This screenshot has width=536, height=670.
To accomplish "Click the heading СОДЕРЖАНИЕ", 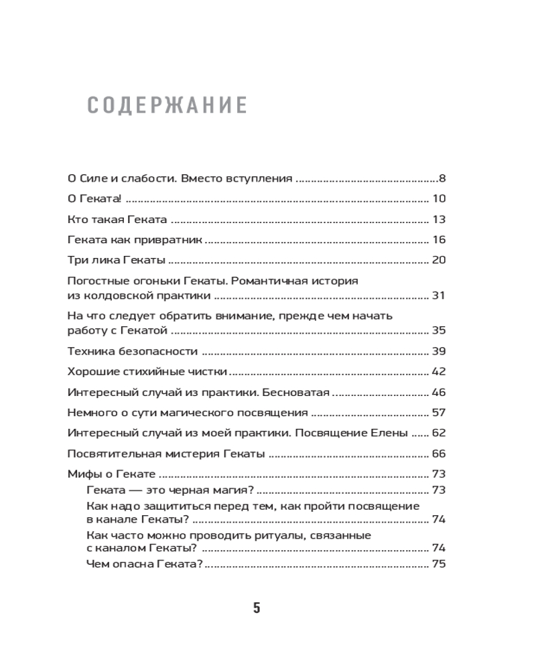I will [167, 105].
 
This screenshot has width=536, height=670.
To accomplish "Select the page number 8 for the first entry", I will [442, 178].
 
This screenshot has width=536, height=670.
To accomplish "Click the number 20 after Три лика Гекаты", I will [440, 260].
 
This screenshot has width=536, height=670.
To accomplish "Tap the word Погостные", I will [97, 281].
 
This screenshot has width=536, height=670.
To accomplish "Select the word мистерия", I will [185, 454].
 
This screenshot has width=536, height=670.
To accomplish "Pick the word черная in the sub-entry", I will [184, 489].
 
